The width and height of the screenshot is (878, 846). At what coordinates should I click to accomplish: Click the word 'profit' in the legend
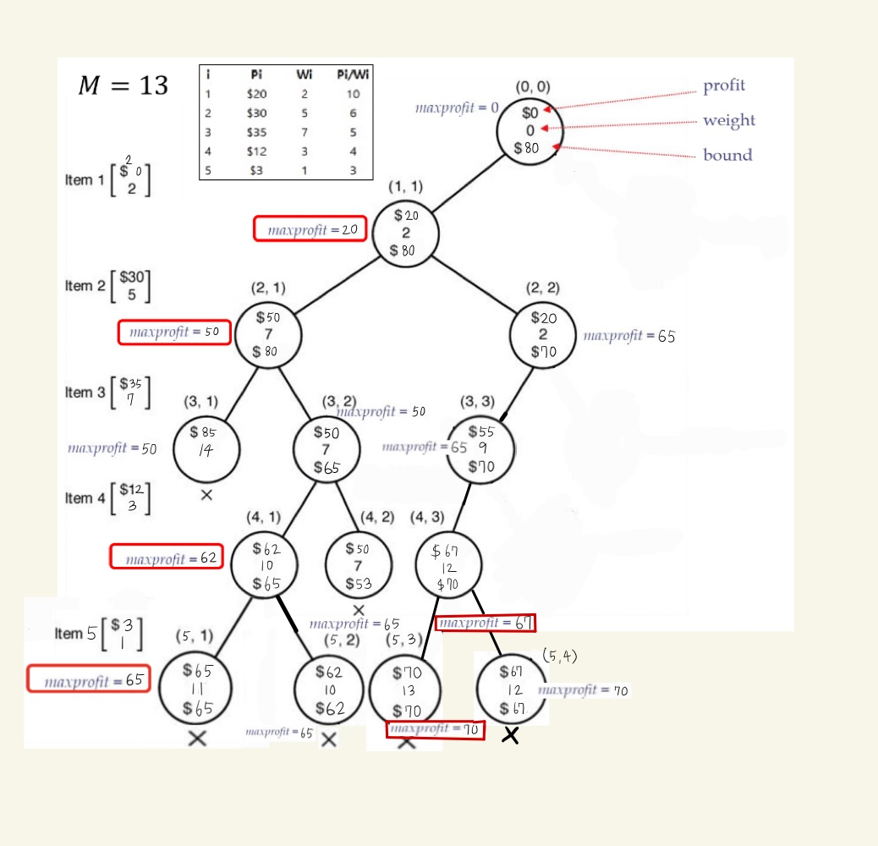724,86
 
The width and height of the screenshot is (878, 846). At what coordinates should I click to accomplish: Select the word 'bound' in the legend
727,155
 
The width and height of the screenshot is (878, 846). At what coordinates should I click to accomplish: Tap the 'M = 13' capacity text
123,85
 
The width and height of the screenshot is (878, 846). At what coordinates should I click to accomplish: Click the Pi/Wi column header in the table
353,74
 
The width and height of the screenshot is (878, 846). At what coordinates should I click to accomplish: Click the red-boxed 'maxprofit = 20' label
310,229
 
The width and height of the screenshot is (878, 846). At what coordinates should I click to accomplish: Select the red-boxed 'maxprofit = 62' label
167,558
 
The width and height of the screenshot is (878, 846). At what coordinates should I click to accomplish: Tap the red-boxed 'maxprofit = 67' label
486,624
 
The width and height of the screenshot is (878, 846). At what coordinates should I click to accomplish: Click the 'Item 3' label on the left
85,393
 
